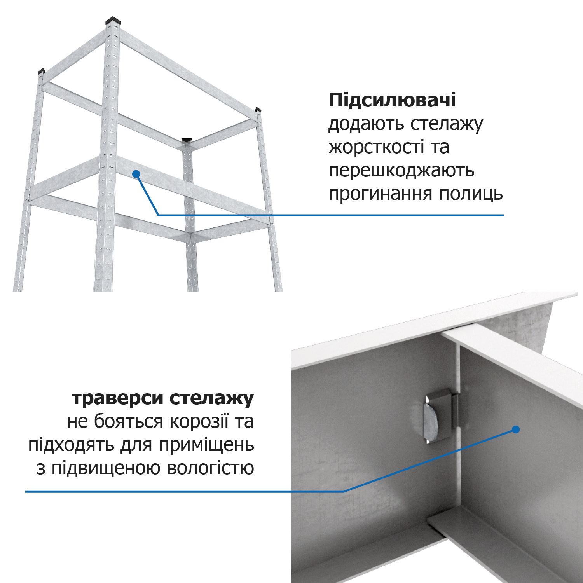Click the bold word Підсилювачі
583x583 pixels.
392,101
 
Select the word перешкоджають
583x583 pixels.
401,171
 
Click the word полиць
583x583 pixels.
471,194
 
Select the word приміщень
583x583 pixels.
206,445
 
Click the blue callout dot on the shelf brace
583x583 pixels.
136,174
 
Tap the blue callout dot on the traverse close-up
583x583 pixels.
515,429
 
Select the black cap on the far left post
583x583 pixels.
41,71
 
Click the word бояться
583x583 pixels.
129,422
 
